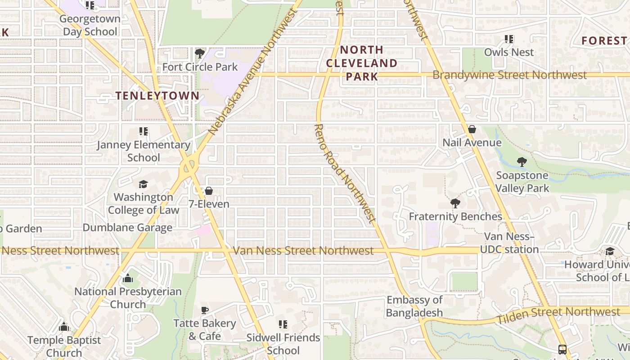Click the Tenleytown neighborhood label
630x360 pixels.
157,95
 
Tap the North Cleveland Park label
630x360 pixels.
362,63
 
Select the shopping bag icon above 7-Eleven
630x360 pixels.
209,191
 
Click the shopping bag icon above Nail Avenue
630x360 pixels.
472,130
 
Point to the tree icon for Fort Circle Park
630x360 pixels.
200,54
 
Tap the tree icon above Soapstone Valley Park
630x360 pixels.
522,162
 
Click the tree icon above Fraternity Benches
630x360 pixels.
455,203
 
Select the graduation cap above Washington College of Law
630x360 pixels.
143,184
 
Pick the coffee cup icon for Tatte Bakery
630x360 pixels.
205,310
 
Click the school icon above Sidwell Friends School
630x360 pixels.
283,324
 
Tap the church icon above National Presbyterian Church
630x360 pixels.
128,279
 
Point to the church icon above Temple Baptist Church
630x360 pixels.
64,327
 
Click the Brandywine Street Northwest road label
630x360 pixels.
509,75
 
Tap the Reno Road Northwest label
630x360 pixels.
344,173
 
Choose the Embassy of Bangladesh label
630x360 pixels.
414,306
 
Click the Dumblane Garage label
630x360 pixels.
127,228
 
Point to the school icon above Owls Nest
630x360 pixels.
509,39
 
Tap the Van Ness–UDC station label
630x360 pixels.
509,243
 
